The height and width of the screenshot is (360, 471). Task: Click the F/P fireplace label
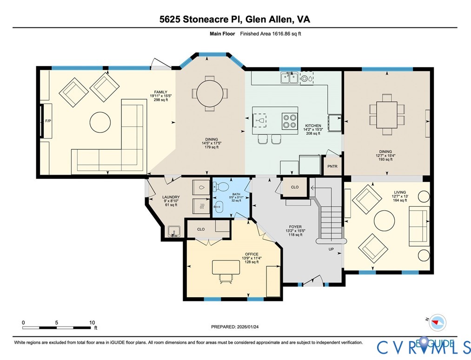pyautogui.click(x=48, y=121)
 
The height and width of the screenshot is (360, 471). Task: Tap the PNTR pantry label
pyautogui.click(x=332, y=166)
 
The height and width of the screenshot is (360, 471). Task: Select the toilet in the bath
pyautogui.click(x=221, y=187)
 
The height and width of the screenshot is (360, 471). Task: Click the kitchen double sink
pyautogui.click(x=290, y=78)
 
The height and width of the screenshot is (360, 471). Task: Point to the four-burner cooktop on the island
pyautogui.click(x=290, y=121)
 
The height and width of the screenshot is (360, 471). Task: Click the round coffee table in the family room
pyautogui.click(x=100, y=122)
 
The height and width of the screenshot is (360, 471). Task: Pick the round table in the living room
pyautogui.click(x=384, y=221)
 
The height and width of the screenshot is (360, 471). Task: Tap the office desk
pyautogui.click(x=226, y=267)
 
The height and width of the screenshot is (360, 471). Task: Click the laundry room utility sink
pyautogui.click(x=173, y=231)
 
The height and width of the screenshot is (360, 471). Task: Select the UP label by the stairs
pyautogui.click(x=331, y=249)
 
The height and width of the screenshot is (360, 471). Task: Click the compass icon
pyautogui.click(x=438, y=323)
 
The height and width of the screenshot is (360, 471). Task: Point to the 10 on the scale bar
pyautogui.click(x=92, y=322)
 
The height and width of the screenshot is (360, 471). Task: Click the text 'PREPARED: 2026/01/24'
pyautogui.click(x=235, y=327)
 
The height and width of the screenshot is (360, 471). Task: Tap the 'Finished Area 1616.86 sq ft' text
pyautogui.click(x=270, y=33)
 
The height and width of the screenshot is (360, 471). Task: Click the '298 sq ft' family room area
pyautogui.click(x=161, y=99)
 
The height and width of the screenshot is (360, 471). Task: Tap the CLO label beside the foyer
pyautogui.click(x=295, y=187)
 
